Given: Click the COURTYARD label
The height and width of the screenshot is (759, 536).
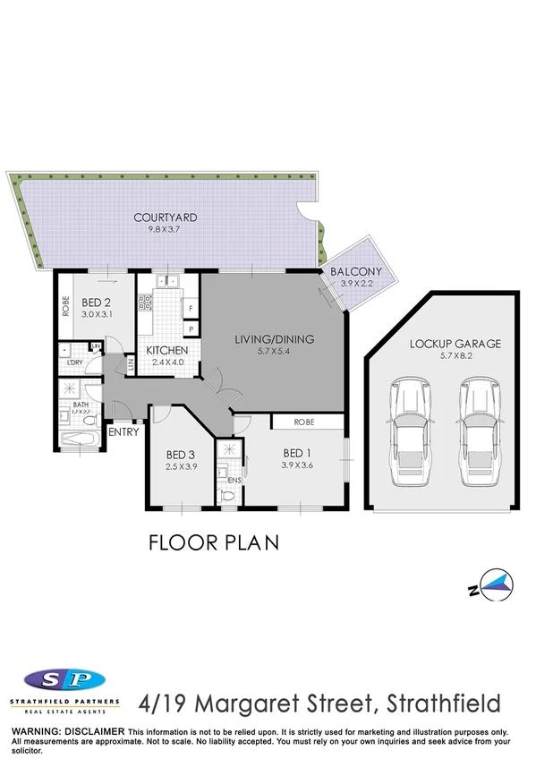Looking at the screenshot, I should (x=165, y=217).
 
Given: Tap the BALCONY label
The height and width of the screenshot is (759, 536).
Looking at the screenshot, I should (x=356, y=272).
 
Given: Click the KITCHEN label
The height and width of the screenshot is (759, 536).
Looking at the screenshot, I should (x=166, y=350).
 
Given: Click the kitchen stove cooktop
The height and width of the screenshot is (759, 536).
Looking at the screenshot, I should (x=143, y=302).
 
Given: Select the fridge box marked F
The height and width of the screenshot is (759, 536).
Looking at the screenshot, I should (x=191, y=311).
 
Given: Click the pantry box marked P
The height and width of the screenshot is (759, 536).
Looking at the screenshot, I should (x=191, y=330).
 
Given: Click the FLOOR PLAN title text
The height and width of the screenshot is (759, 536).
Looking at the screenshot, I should (x=213, y=542).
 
